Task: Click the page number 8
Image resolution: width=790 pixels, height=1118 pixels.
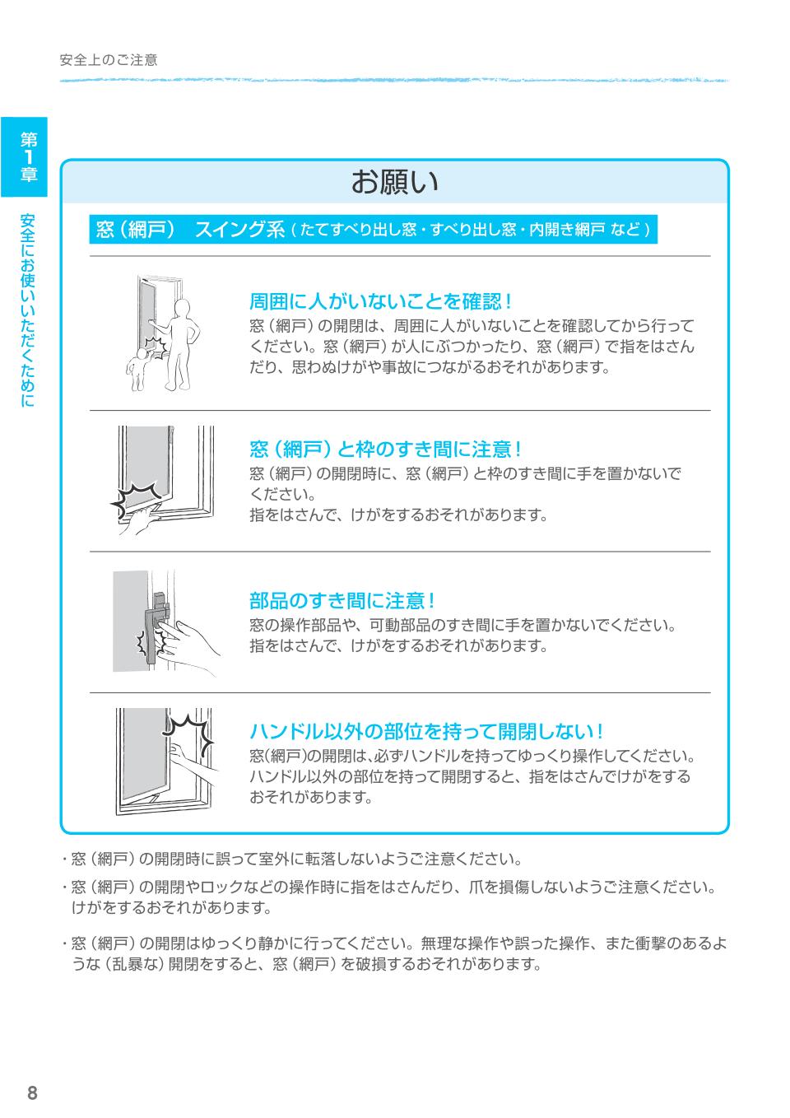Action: click(32, 1092)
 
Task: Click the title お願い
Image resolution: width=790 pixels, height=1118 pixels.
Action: click(394, 182)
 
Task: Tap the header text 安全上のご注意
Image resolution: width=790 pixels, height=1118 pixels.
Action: click(109, 60)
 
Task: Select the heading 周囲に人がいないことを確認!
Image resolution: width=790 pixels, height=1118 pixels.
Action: click(381, 301)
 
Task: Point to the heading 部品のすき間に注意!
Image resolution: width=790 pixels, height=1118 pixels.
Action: click(342, 600)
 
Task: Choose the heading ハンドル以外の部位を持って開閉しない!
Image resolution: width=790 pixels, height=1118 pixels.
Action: click(427, 731)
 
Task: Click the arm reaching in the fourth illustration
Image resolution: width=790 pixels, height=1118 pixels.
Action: click(193, 765)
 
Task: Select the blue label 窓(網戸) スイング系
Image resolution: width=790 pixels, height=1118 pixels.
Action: click(190, 230)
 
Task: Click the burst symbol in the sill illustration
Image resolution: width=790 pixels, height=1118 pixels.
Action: click(136, 496)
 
